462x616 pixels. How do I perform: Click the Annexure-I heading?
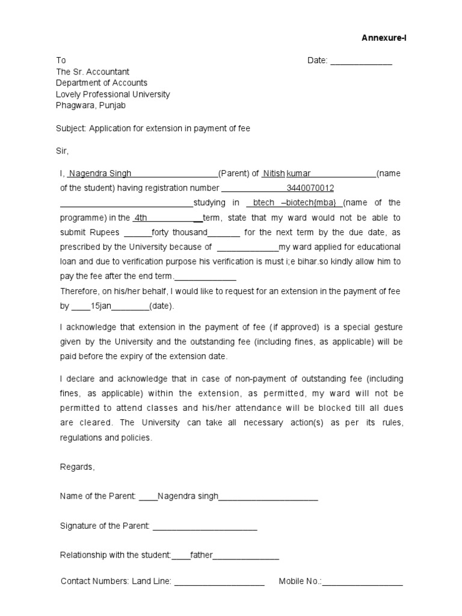pos(384,38)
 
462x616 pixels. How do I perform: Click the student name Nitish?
pos(274,174)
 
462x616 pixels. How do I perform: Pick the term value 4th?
pos(141,218)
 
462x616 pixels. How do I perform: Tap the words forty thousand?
pos(179,232)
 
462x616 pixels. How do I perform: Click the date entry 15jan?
pos(100,306)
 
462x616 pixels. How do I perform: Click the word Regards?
pos(78,467)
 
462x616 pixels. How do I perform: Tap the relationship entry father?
pos(202,555)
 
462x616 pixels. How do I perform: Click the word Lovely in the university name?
pos(69,94)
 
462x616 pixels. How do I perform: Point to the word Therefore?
pos(80,291)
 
